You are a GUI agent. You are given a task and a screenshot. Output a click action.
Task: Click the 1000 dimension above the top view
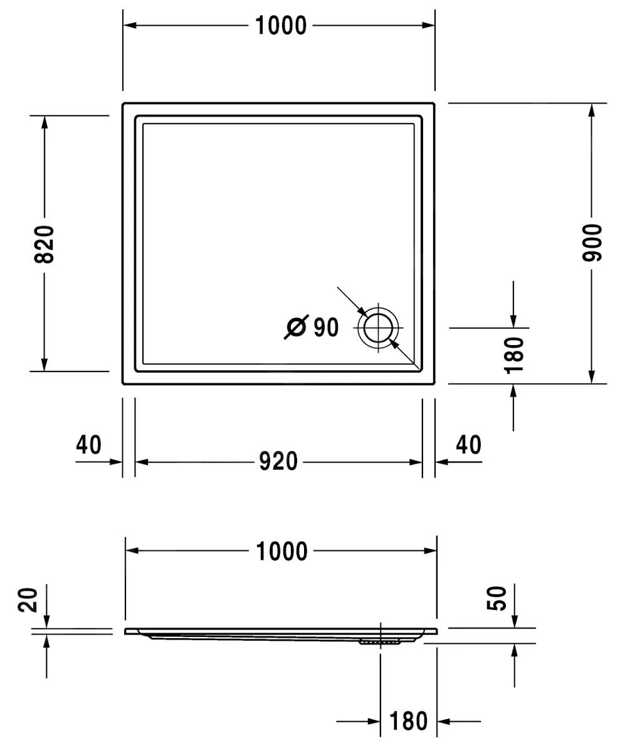[x=281, y=26]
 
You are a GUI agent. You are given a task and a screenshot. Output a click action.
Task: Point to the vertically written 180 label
[x=514, y=355]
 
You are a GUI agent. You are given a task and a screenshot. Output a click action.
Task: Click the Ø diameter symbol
[x=296, y=327]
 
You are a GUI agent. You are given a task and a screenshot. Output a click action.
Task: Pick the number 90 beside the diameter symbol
[x=325, y=327]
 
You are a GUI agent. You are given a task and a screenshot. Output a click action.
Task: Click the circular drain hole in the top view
[x=378, y=328]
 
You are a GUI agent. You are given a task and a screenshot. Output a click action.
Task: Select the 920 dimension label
[x=278, y=462]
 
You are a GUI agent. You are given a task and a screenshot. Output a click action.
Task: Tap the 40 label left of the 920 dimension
[x=88, y=445]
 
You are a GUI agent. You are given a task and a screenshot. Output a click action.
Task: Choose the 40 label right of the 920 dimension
[x=468, y=445]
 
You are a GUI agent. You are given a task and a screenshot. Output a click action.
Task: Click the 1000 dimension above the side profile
[x=281, y=552]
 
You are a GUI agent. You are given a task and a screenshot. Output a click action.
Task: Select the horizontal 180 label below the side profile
[x=409, y=722]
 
